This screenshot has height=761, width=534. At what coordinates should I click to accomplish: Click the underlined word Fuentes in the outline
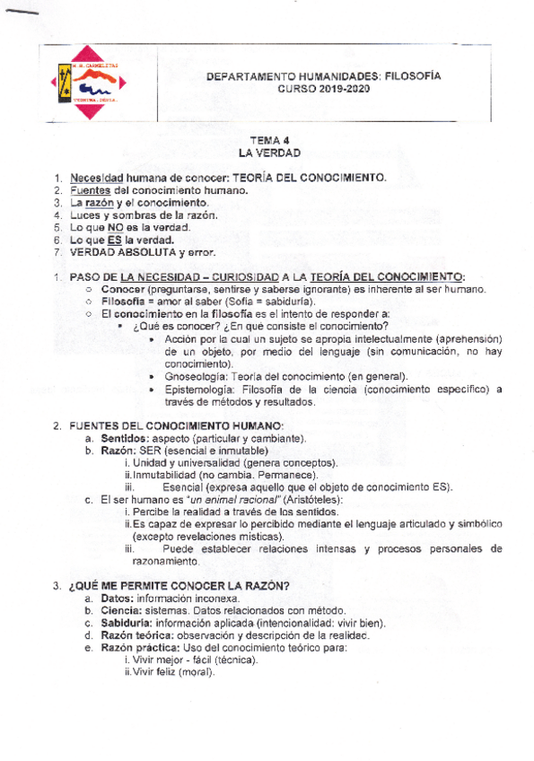coord(91,190)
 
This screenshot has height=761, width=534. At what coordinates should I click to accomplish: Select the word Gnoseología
coord(193,377)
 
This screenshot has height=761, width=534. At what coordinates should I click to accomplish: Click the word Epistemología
coord(197,389)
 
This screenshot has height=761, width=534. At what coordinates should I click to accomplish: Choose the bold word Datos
coord(116,598)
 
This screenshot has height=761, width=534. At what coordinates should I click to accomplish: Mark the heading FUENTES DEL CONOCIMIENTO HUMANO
coord(176,425)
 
